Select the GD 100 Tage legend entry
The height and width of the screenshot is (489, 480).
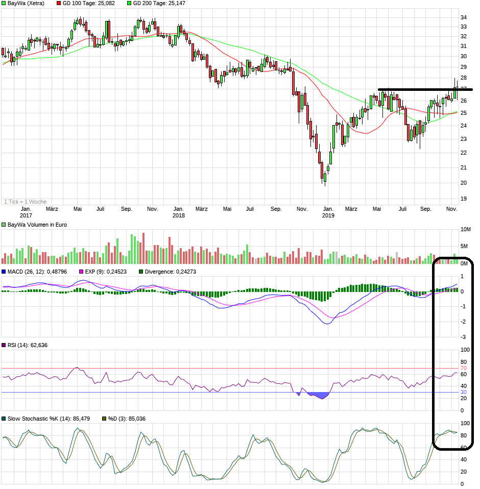click(x=88, y=3)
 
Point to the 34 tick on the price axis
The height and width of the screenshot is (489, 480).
click(x=464, y=17)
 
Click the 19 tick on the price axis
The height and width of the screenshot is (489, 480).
click(x=464, y=199)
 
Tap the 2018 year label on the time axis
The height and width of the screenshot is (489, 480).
click(x=178, y=215)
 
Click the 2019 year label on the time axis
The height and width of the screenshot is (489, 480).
click(x=328, y=215)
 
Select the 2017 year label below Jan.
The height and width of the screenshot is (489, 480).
click(x=26, y=215)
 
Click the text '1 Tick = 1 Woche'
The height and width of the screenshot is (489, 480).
click(x=25, y=202)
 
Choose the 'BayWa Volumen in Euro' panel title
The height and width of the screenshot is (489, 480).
click(x=37, y=225)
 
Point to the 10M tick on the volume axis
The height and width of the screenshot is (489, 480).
click(x=465, y=230)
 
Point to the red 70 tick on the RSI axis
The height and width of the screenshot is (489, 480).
click(x=464, y=368)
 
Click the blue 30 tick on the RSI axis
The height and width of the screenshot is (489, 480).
click(x=464, y=392)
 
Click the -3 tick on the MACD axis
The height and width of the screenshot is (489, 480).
click(x=463, y=337)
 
